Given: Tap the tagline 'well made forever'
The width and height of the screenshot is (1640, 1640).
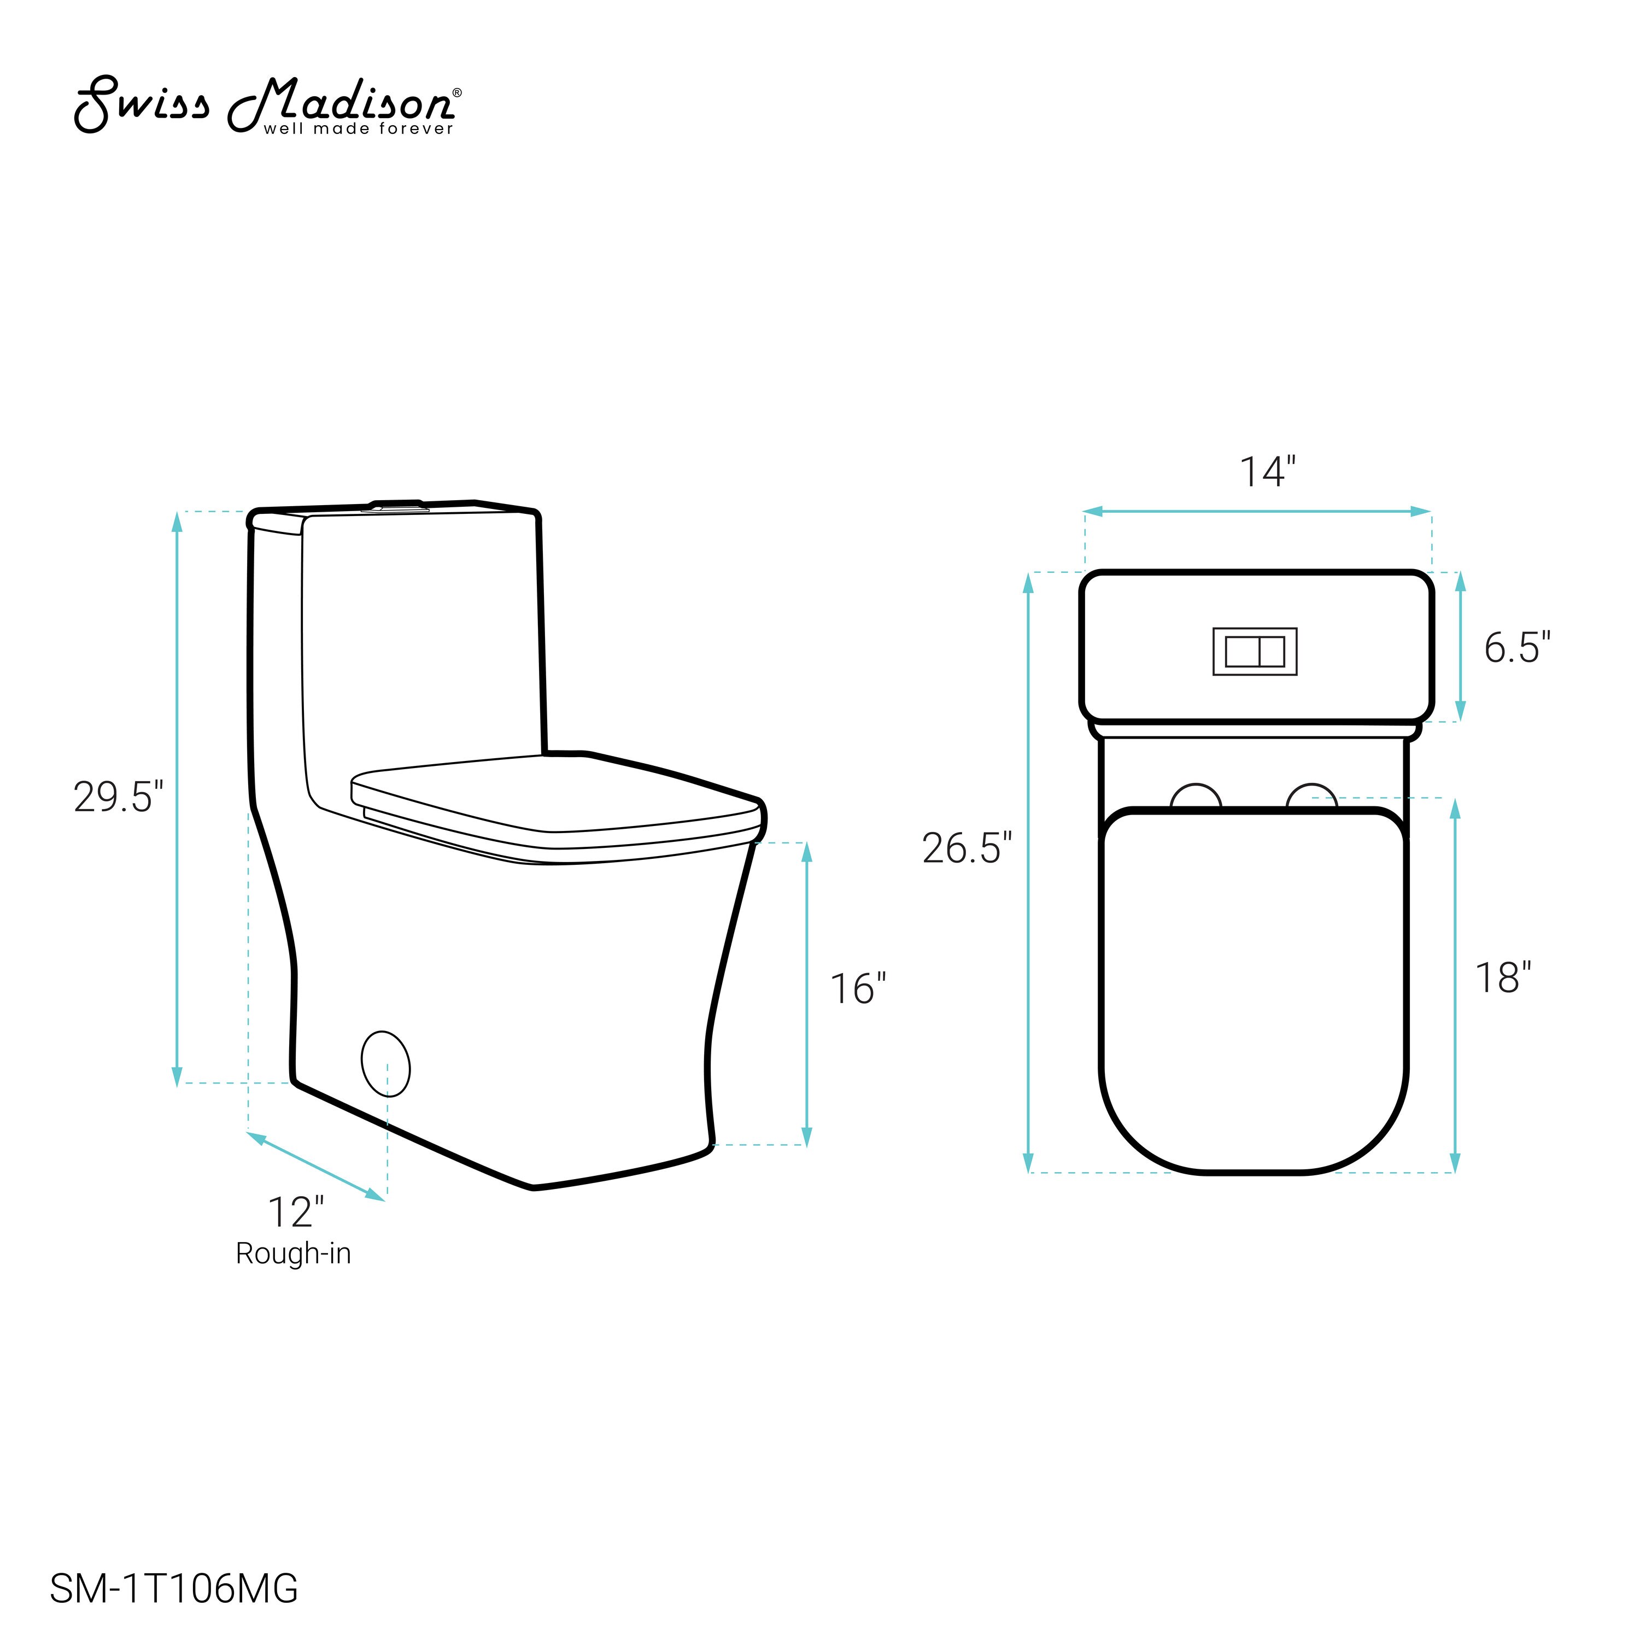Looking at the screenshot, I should click(x=358, y=129).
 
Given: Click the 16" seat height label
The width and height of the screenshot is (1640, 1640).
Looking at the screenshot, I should click(x=857, y=989).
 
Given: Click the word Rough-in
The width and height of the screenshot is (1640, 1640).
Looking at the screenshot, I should click(x=293, y=1254).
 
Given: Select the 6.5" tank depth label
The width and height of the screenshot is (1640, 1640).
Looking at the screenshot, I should click(x=1517, y=648).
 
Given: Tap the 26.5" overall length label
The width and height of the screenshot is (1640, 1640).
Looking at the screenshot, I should click(x=967, y=848).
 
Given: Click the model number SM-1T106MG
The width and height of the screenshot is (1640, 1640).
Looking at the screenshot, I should click(x=174, y=1588).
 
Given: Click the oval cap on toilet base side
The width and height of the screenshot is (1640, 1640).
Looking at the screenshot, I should click(x=385, y=1064).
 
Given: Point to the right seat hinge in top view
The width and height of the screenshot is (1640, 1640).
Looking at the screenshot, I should click(x=1311, y=797).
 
